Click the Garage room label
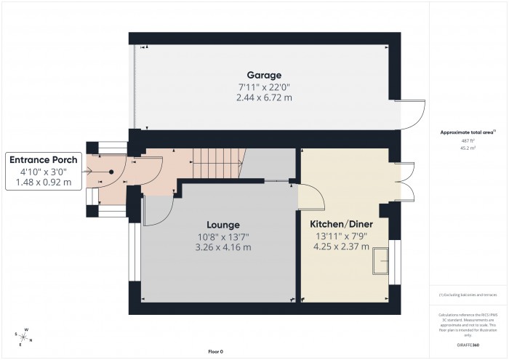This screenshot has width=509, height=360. (x=264, y=75)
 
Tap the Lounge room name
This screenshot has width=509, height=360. (x=223, y=225)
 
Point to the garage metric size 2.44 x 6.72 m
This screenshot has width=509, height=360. (x=264, y=97)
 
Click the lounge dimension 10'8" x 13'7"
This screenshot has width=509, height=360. (x=223, y=236)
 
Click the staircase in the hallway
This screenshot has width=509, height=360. (x=219, y=163)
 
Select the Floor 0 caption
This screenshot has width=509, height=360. (x=215, y=352)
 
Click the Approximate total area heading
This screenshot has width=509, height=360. (x=468, y=132)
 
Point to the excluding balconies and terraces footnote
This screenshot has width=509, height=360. (x=468, y=294)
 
